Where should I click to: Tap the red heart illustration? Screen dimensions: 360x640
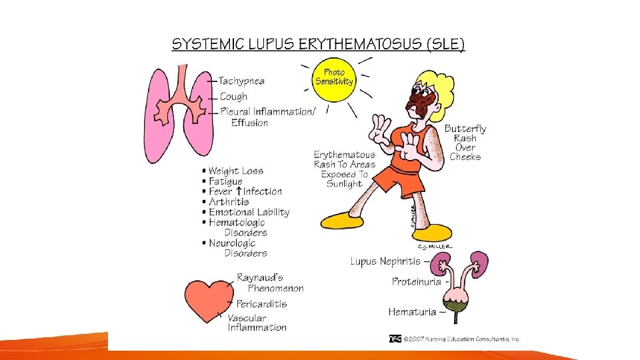(x=206, y=299)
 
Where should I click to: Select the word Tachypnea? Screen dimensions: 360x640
(x=241, y=81)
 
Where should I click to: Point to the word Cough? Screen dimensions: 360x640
(x=234, y=97)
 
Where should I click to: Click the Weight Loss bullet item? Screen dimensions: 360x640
(x=235, y=171)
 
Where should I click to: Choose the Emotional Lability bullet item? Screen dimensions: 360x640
(x=249, y=212)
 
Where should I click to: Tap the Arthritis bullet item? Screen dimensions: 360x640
(x=229, y=202)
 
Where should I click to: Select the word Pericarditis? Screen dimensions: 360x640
(x=261, y=304)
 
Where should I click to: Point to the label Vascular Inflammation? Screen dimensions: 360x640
(x=257, y=322)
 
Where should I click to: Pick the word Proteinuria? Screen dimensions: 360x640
(x=416, y=282)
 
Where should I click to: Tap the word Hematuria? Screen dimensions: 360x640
(x=412, y=311)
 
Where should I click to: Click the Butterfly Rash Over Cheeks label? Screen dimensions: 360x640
(x=465, y=143)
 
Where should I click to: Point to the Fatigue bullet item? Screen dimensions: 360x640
(x=225, y=181)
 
